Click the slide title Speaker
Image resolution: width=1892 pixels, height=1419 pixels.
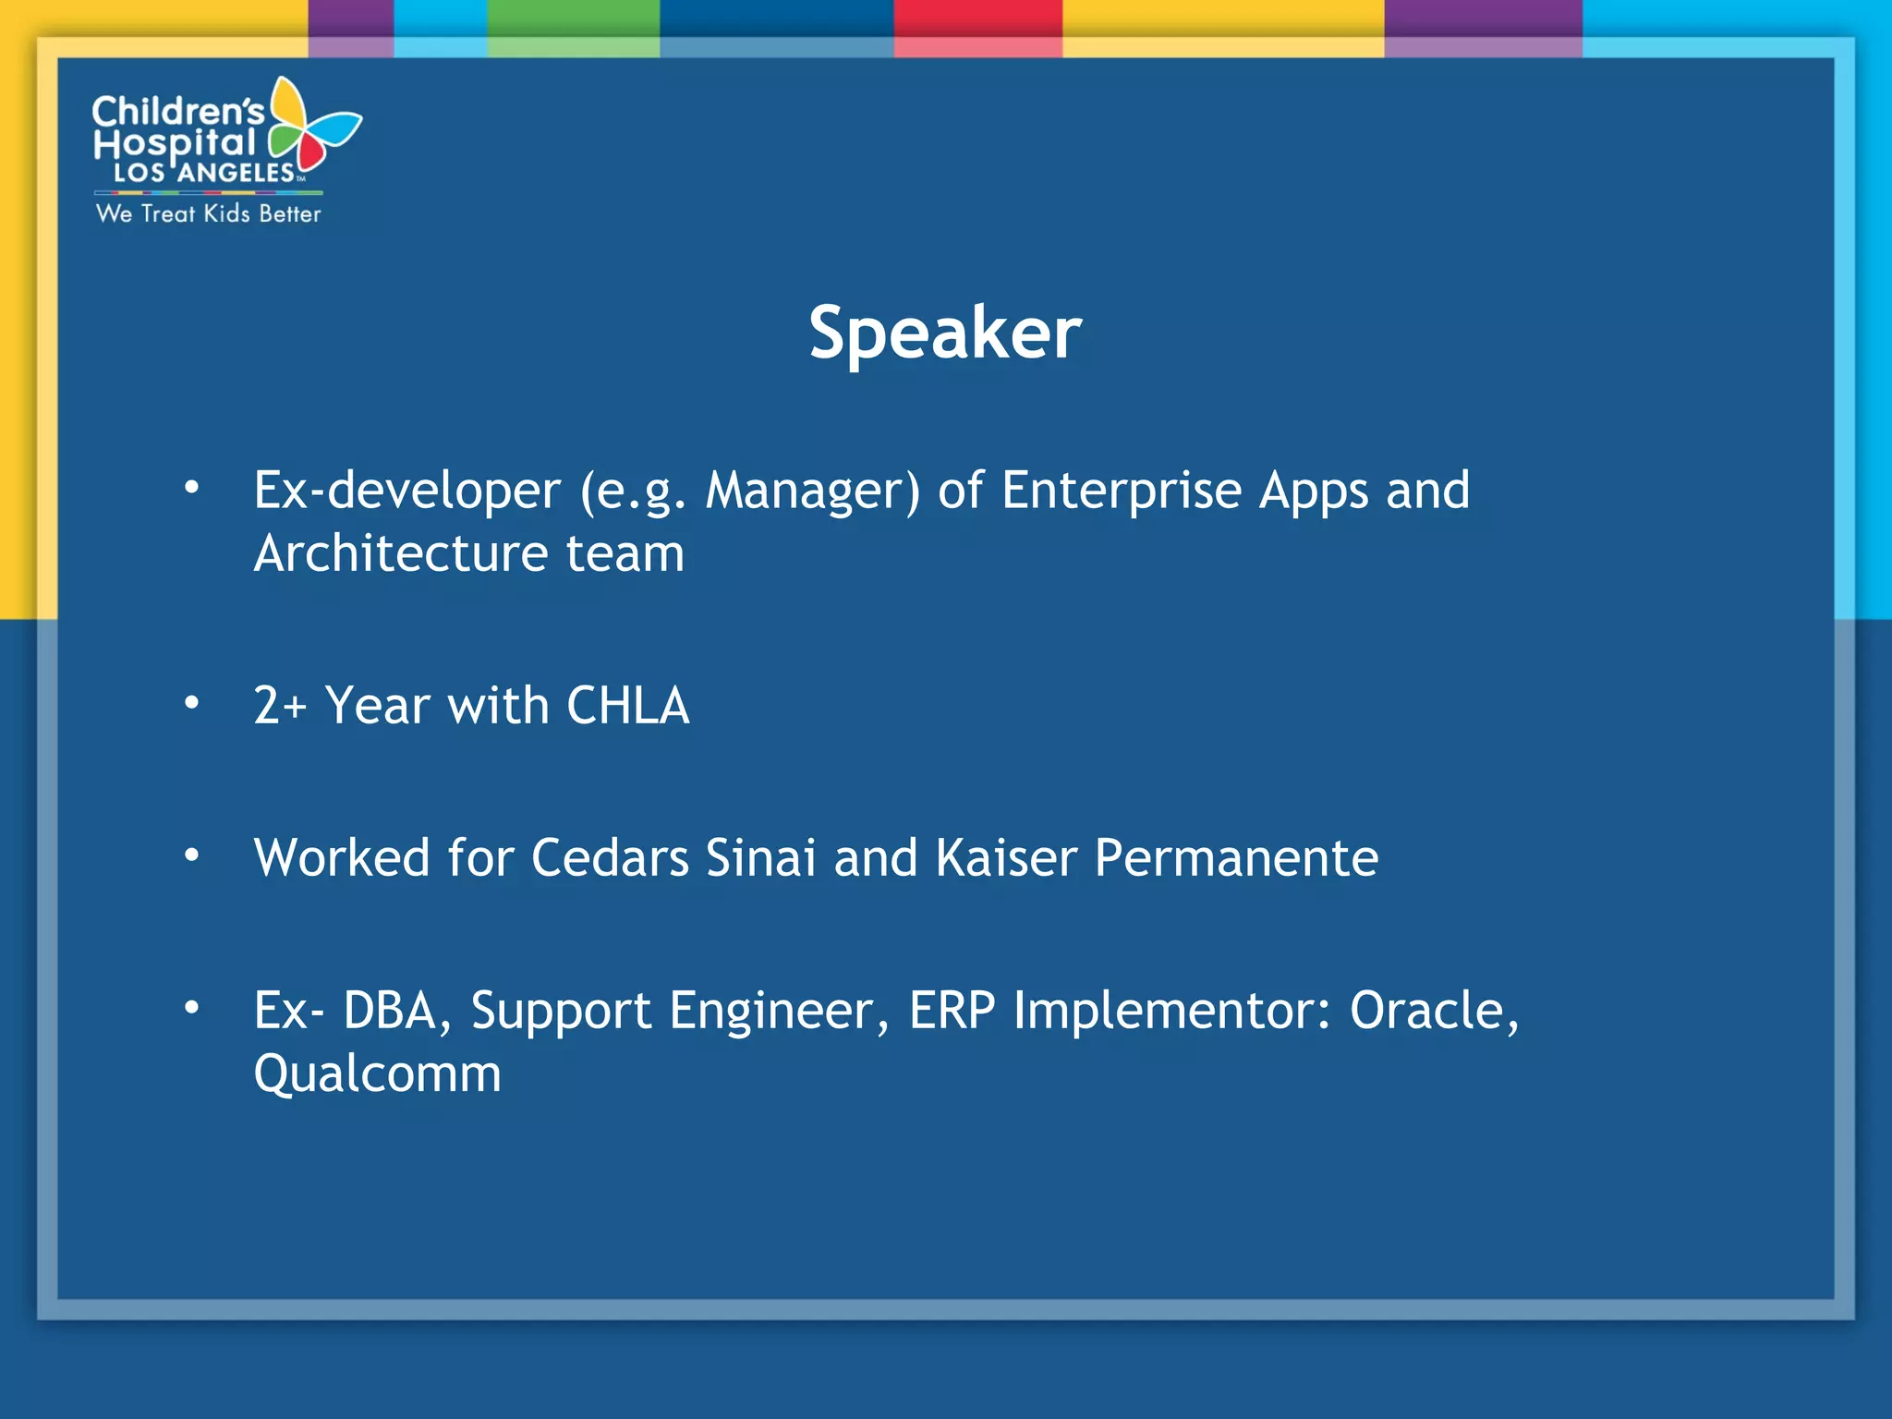click(944, 333)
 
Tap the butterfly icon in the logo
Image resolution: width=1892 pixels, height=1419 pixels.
click(312, 129)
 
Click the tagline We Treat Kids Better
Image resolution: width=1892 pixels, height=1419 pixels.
click(208, 213)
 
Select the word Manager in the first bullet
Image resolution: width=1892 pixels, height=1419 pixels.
click(812, 491)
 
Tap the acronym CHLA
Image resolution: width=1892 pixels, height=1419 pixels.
click(627, 706)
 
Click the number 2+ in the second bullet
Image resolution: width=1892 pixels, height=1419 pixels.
click(279, 706)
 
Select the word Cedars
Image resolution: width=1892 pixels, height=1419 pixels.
click(610, 857)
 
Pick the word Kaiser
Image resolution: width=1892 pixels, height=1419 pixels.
click(1006, 857)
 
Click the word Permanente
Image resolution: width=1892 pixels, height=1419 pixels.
click(1236, 857)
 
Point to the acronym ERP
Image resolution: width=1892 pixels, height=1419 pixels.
click(952, 1010)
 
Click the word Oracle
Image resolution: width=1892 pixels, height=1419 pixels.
click(1432, 1010)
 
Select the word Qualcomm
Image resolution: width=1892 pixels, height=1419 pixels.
click(377, 1073)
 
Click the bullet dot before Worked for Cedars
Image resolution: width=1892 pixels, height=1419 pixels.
click(191, 855)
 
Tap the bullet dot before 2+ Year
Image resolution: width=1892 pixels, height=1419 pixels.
click(191, 703)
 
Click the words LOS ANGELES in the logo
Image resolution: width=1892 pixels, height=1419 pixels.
click(204, 173)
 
